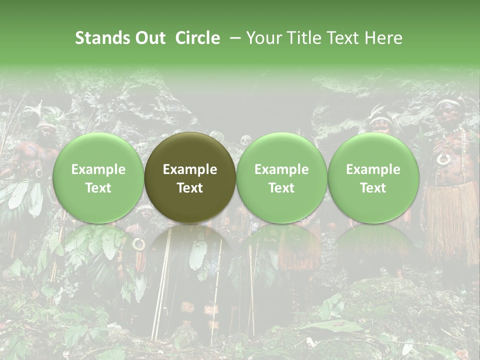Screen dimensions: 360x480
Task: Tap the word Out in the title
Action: (149, 38)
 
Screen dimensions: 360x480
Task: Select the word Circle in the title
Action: (197, 38)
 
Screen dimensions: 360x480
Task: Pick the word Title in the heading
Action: (304, 38)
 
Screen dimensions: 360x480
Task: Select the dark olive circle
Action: (190, 177)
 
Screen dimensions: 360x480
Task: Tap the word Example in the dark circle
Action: (190, 169)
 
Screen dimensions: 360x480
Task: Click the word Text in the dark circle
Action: (190, 187)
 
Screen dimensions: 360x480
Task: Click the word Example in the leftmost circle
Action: (98, 169)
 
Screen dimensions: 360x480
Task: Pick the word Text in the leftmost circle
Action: (98, 187)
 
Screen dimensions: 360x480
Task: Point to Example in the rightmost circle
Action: (373, 169)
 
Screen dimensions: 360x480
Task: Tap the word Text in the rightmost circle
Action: (373, 187)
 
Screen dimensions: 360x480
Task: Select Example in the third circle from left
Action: (281, 169)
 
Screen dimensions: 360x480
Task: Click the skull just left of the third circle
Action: (245, 140)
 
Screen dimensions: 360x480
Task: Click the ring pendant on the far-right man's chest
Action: (443, 159)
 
